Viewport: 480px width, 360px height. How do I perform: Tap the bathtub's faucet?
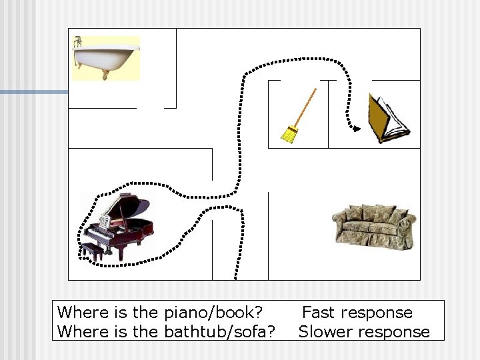coord(79,42)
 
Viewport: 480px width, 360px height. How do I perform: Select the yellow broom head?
coord(289,135)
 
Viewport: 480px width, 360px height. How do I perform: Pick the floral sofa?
coord(373,227)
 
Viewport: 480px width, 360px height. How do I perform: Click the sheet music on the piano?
coord(105,220)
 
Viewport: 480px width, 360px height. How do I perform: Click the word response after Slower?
coord(396,331)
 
